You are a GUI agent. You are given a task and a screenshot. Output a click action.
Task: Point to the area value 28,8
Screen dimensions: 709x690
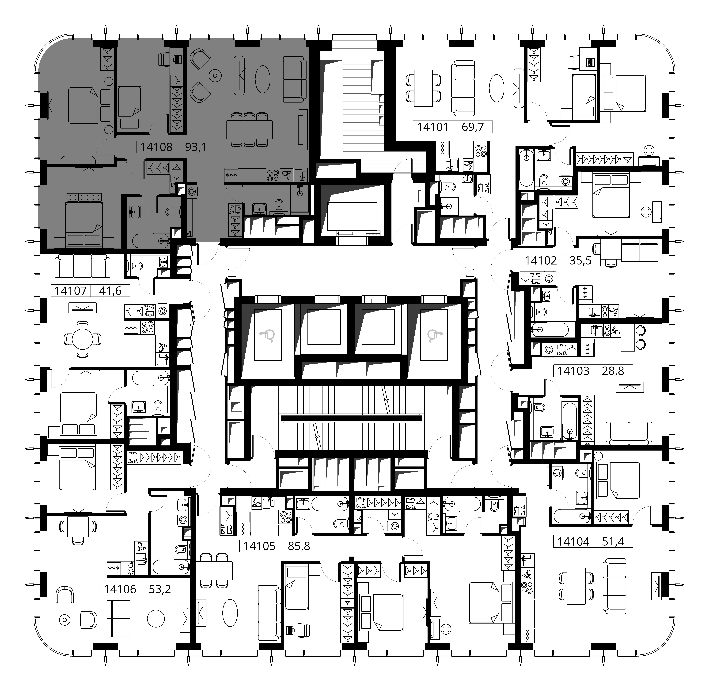pos(613,371)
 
